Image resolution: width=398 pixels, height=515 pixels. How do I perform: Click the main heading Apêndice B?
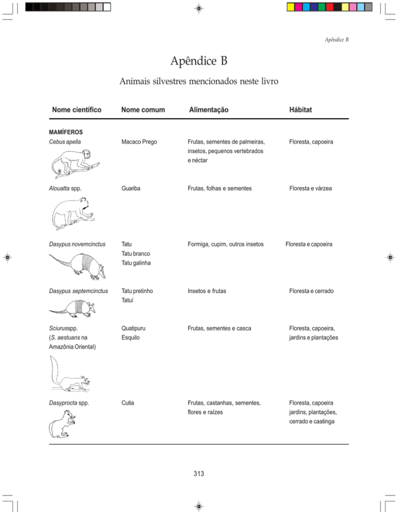[x=198, y=62]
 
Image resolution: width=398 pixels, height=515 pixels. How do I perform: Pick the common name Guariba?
[x=132, y=189]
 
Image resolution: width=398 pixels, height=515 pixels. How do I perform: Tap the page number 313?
[x=198, y=473]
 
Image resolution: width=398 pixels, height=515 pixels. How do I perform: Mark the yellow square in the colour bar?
[x=291, y=7]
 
